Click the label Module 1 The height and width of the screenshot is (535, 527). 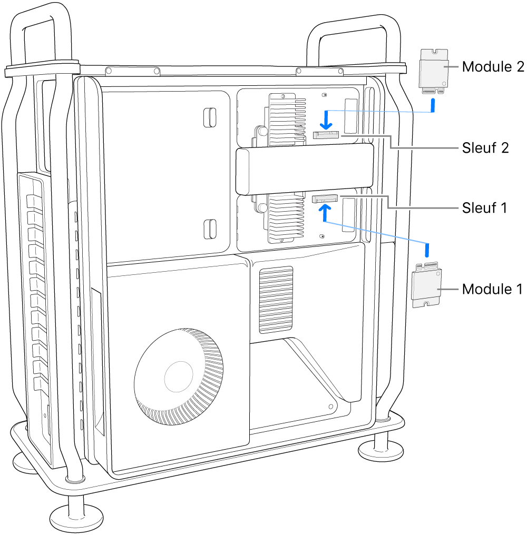pyautogui.click(x=493, y=289)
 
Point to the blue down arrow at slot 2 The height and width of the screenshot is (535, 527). pyautogui.click(x=327, y=120)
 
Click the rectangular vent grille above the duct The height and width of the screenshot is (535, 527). pyautogui.click(x=276, y=300)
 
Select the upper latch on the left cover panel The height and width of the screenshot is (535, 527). pyautogui.click(x=209, y=117)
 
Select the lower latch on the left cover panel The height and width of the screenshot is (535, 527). pyautogui.click(x=209, y=228)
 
